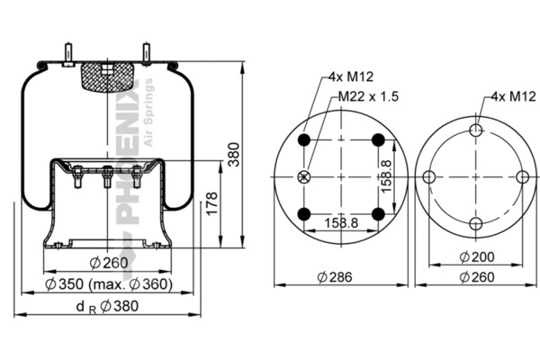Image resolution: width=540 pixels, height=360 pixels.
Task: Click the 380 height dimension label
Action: [x=234, y=154]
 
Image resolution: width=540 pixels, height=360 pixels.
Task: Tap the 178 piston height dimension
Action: [x=211, y=203]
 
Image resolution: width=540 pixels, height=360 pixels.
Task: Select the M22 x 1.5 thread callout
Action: [x=368, y=96]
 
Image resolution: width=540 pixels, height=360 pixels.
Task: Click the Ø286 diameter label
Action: [x=335, y=277]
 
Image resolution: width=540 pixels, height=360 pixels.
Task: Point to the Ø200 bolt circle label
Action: [x=477, y=256]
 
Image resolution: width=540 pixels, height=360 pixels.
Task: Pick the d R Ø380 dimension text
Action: [x=107, y=306]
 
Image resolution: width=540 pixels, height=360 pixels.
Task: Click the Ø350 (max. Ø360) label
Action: [x=109, y=284]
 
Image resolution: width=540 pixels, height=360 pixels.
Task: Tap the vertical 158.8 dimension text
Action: [x=387, y=176]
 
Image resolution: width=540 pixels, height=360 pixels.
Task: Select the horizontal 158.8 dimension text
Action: [x=341, y=223]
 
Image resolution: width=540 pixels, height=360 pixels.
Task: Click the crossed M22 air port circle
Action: [x=304, y=177]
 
